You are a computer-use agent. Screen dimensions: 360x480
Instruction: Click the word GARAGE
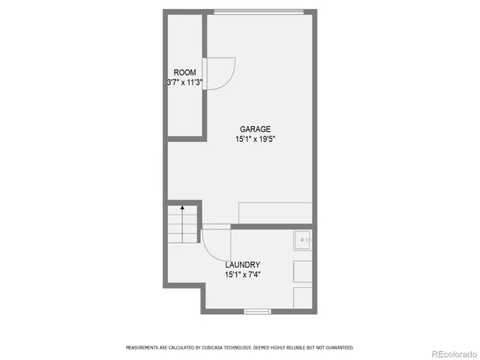coord(255,129)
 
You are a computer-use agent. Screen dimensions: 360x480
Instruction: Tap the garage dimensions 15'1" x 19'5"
coord(255,139)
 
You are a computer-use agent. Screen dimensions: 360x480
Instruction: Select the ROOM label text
coord(185,73)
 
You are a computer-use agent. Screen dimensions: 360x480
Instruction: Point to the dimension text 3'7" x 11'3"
coord(185,82)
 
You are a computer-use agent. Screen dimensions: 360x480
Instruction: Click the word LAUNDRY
coord(243,265)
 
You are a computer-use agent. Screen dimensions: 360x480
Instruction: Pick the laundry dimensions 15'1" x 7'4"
coord(243,274)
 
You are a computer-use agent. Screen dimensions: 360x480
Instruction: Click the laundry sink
coord(303,240)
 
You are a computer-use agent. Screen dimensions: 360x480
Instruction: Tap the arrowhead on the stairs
coord(182,206)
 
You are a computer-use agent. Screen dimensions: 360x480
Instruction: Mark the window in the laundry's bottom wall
coord(256,310)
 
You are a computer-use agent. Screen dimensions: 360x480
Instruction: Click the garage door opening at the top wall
coord(259,11)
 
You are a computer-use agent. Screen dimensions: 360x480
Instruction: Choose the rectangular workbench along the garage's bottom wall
coord(274,212)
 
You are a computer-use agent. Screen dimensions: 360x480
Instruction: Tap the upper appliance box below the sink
coord(303,270)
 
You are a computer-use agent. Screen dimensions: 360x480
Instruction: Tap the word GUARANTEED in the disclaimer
coord(337,348)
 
